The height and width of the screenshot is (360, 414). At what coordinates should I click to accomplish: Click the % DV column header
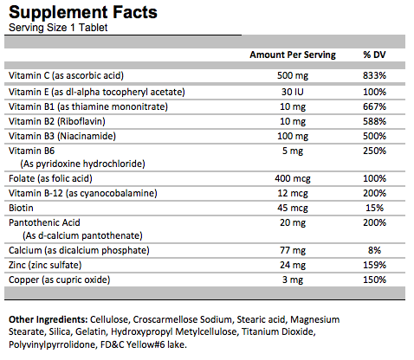375,55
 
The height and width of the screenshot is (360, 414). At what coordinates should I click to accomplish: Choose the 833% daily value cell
375,75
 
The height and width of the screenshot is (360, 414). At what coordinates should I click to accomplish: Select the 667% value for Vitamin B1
375,106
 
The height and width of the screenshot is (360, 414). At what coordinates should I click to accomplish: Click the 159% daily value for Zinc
375,265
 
